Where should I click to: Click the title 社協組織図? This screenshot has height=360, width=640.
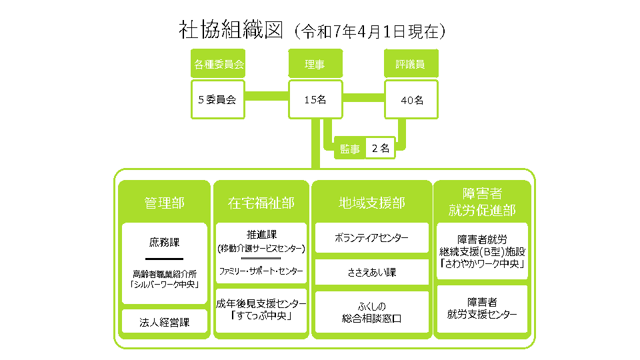231,30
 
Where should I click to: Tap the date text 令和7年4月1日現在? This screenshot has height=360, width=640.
370,31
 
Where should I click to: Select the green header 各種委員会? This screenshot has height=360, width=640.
218,64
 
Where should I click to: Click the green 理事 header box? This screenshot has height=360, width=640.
315,64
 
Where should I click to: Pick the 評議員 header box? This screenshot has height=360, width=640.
411,64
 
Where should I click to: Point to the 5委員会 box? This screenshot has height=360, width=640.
218,99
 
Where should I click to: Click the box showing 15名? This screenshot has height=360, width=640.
315,99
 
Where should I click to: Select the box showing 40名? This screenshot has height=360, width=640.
411,99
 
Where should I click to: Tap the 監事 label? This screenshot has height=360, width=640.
350,149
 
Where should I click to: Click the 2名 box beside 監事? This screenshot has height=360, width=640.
381,148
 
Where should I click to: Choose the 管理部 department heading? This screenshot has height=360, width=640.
165,203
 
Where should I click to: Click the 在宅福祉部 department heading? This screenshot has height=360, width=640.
261,203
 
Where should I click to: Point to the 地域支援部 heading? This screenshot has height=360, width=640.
372,203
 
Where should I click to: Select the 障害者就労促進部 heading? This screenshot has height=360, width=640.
482,201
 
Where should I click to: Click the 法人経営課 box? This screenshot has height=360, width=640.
165,322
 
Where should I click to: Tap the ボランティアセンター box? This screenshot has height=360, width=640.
372,237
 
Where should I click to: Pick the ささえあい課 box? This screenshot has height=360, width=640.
372,272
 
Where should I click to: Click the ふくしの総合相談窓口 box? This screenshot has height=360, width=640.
372,312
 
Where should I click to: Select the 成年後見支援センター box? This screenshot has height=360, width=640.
261,310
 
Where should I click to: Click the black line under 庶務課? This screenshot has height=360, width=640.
165,259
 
